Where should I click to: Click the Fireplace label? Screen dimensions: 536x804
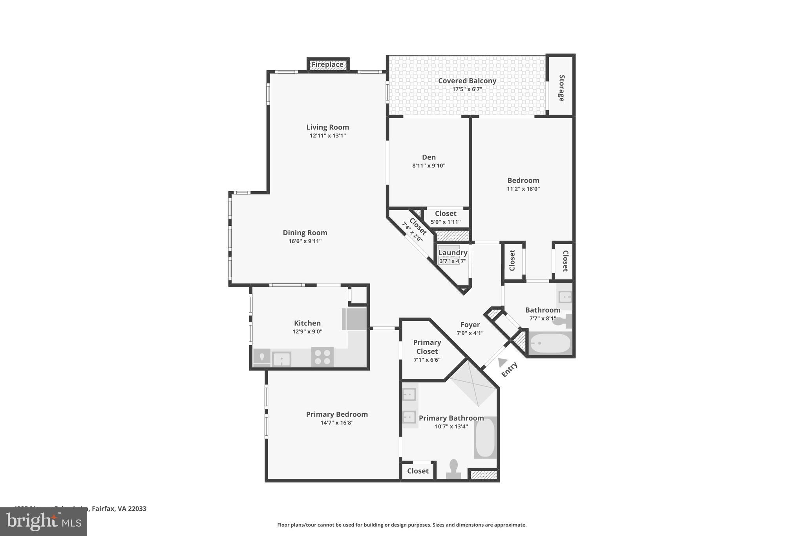pos(327,64)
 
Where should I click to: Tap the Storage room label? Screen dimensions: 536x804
pos(561,88)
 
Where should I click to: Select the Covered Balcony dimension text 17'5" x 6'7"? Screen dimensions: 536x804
pos(467,89)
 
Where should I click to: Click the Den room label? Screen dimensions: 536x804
pos(429,157)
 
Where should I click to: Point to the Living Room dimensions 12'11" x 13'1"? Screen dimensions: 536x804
pos(327,136)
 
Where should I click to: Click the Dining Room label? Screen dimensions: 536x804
pos(305,232)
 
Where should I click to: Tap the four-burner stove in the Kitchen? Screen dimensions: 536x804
pos(322,357)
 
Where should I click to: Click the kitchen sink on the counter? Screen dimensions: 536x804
pos(281,359)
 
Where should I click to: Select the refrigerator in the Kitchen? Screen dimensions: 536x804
pos(355,319)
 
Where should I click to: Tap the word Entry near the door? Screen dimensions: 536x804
pos(510,370)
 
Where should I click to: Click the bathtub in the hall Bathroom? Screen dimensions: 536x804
pos(550,343)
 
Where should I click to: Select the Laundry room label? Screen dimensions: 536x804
pos(453,252)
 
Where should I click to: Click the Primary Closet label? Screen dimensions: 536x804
pos(427,347)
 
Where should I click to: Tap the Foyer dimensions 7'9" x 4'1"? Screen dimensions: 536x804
pos(470,333)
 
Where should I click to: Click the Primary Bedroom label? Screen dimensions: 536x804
pos(337,414)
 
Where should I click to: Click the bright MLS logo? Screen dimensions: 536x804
pos(44,521)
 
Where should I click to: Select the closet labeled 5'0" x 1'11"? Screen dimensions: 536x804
pos(446,218)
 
